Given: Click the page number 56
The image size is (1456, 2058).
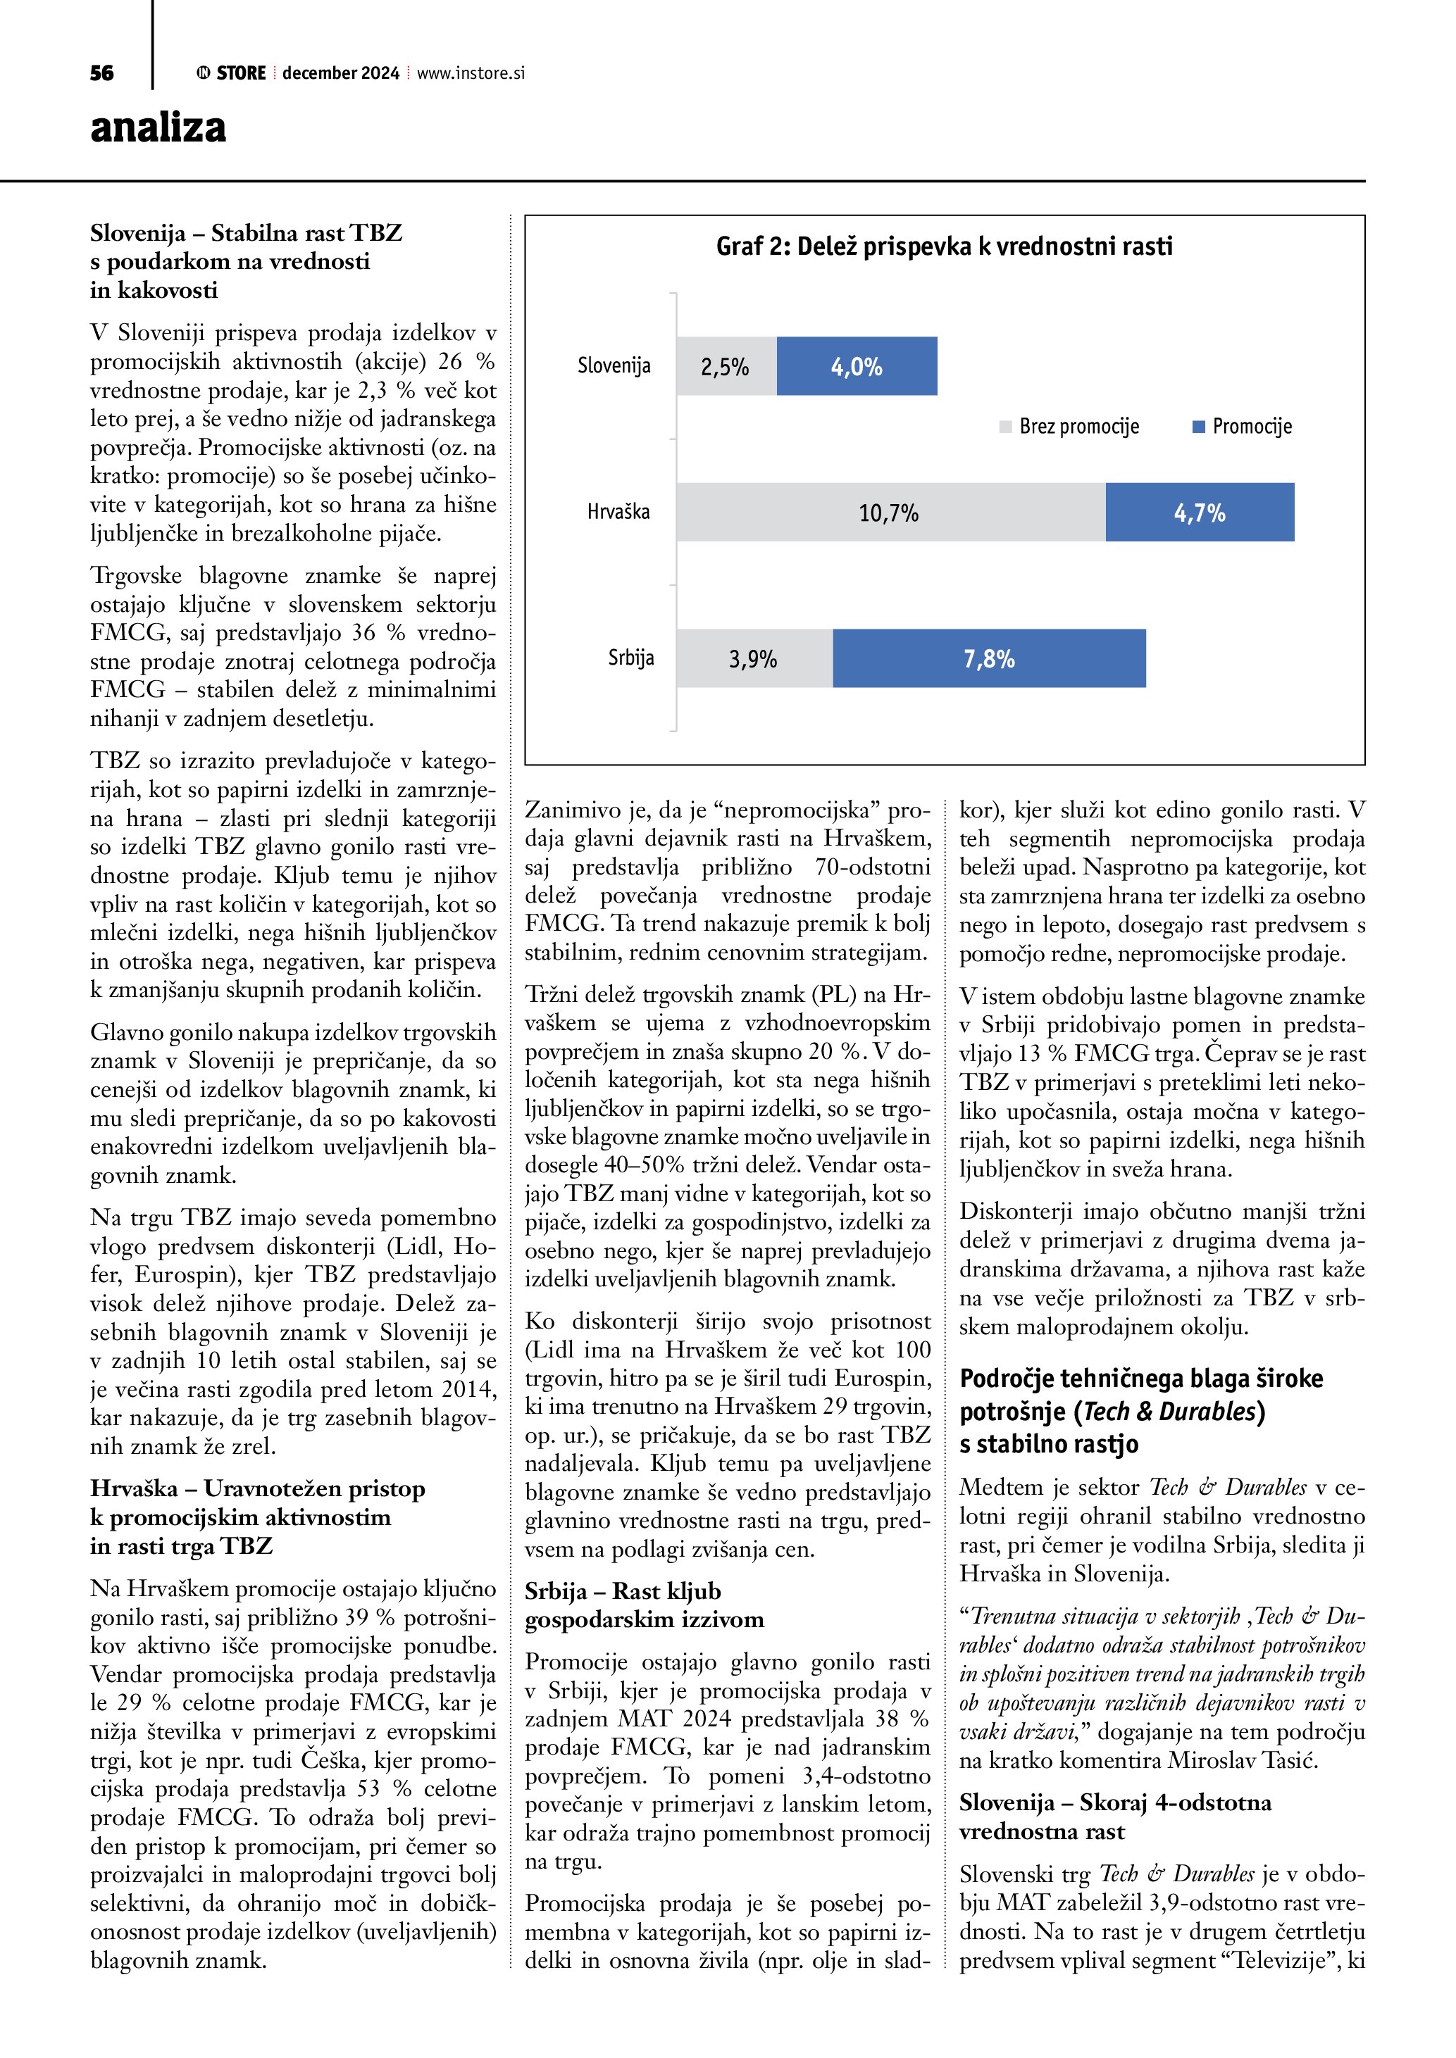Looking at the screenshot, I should (x=101, y=73).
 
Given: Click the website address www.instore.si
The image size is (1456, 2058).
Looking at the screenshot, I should (x=471, y=73).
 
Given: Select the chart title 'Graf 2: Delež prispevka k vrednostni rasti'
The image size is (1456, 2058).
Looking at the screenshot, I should (x=943, y=246).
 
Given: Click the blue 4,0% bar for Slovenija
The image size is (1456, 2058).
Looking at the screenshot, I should (x=857, y=367).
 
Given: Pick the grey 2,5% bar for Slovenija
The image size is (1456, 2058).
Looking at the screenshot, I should (x=726, y=367).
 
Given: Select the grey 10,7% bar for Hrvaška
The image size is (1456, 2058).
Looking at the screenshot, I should (x=890, y=513).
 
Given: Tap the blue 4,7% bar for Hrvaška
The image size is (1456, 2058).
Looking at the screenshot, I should (x=1200, y=513).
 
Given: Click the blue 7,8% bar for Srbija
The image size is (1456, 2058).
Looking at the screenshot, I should (x=989, y=659).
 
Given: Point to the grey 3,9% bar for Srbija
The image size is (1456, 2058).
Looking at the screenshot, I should (x=753, y=659).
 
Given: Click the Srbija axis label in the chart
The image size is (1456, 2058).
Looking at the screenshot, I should (x=631, y=658).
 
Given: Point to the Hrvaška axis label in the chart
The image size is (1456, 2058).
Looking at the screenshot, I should (x=618, y=512).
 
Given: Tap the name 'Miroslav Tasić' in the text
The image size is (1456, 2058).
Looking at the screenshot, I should (x=1243, y=1760).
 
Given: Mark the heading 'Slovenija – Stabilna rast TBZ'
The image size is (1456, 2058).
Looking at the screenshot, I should (x=246, y=233).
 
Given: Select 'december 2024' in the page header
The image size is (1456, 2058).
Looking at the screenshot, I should (x=341, y=73).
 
